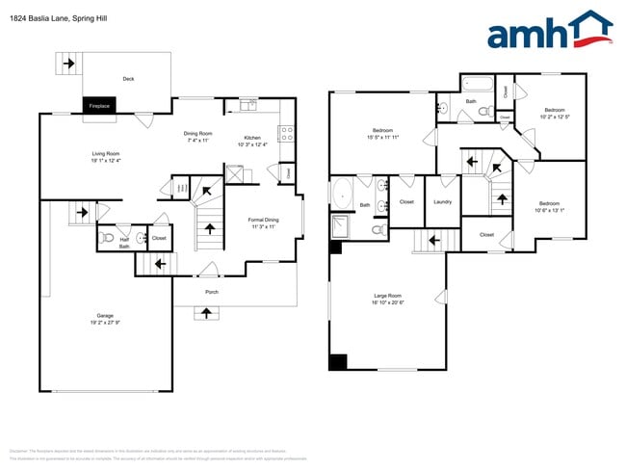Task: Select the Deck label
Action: [x=128, y=79]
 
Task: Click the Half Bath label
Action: [x=124, y=243]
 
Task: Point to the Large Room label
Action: [x=388, y=296]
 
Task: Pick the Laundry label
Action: [x=443, y=202]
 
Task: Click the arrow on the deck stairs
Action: [x=68, y=65]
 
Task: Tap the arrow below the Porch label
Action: [x=204, y=312]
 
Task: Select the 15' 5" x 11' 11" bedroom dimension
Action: [x=382, y=137]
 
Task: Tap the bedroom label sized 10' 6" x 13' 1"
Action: [x=549, y=203]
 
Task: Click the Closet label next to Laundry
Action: [x=406, y=202]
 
